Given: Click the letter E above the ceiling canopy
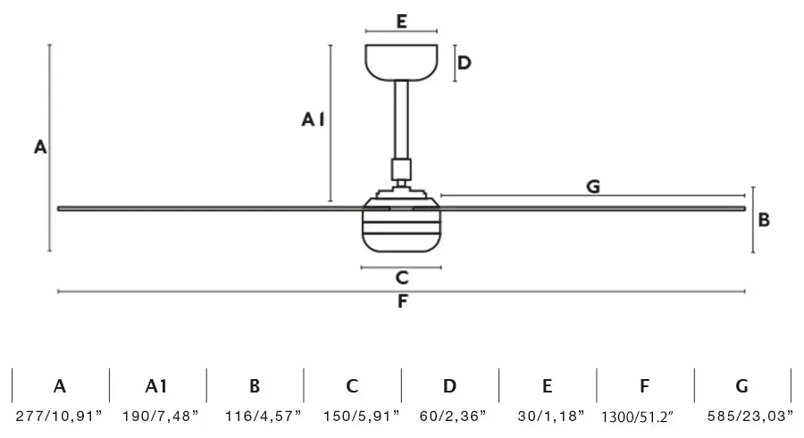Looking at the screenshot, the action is click(x=401, y=21).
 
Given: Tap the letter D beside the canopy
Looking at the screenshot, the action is click(x=464, y=63).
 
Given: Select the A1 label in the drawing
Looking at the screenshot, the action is click(x=313, y=120).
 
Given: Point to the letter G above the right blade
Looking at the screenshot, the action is click(x=593, y=186).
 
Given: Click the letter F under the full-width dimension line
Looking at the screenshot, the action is click(x=403, y=302).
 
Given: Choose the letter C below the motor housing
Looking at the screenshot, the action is click(x=402, y=277).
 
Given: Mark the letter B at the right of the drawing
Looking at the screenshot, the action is click(x=764, y=219).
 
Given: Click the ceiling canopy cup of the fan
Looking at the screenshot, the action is click(x=401, y=62).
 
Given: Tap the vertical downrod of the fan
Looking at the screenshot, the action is click(x=401, y=120).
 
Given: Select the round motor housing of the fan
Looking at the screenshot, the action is click(x=401, y=225).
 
